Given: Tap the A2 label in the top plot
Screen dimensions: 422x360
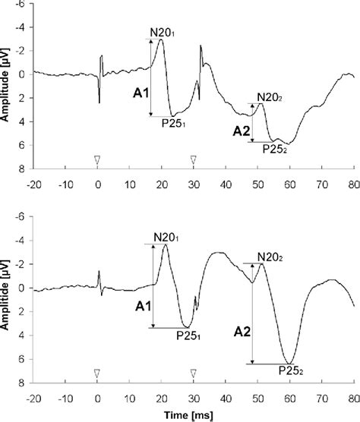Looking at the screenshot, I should (x=241, y=131).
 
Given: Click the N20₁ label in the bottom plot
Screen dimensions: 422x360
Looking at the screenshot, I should (x=168, y=237).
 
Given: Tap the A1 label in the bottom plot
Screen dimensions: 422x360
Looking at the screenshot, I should (x=142, y=307).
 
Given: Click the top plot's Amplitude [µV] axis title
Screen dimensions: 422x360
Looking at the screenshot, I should (x=7, y=87).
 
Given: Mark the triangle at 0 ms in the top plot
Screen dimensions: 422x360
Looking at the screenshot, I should (x=97, y=159).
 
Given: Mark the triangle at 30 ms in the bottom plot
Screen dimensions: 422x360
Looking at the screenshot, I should (x=193, y=373).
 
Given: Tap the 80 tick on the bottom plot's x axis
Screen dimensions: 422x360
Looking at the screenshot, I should (x=352, y=397).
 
